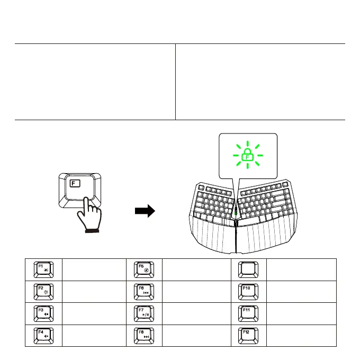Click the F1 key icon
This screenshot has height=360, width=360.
click(43, 269)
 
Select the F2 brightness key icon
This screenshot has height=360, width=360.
click(43, 291)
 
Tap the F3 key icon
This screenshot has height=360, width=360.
click(43, 313)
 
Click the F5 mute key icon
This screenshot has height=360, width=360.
click(144, 269)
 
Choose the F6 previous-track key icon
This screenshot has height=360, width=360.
click(144, 291)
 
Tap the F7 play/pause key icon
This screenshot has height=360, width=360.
click(144, 313)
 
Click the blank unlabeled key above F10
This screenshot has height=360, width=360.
click(248, 269)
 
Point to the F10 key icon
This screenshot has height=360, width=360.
click(248, 291)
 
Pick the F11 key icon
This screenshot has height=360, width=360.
click(248, 313)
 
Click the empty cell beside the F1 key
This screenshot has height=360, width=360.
click(93, 269)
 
